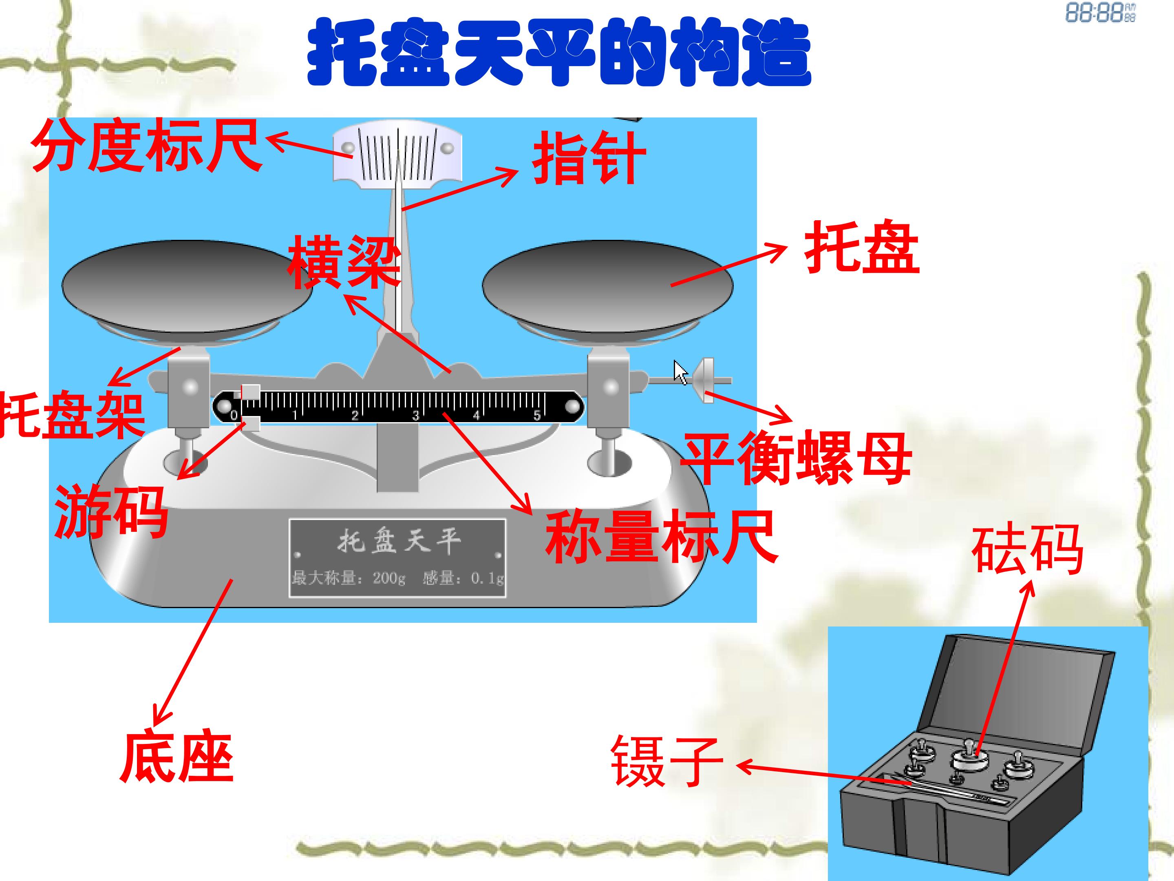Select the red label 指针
point(589,158)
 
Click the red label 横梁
point(344,262)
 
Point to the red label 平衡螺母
point(796,457)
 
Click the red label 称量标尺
point(661,536)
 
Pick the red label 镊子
point(667,761)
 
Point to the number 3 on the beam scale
point(415,416)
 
